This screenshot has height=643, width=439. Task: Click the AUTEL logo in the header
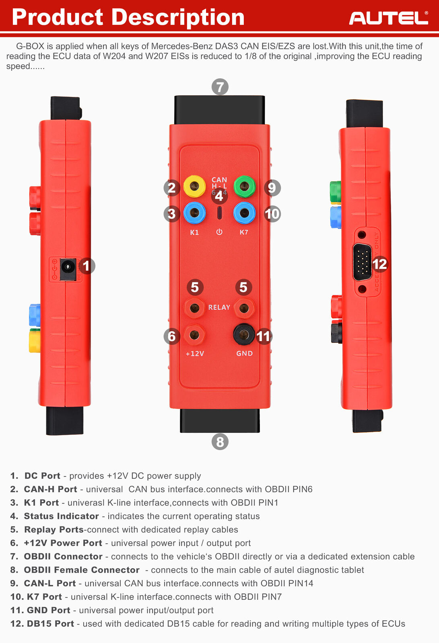click(x=388, y=18)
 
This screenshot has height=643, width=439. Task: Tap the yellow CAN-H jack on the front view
click(x=194, y=186)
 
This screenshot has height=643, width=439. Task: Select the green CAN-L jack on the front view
click(x=244, y=186)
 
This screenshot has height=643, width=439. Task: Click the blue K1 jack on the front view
click(x=194, y=213)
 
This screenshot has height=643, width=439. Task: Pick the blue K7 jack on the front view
click(x=244, y=213)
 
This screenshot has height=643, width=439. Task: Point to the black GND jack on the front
click(x=244, y=334)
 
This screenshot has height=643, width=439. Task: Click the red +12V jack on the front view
click(x=194, y=334)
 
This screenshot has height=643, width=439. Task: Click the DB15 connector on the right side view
click(x=362, y=262)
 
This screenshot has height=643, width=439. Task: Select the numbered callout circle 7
click(x=220, y=87)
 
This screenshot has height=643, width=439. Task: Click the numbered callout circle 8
click(x=220, y=442)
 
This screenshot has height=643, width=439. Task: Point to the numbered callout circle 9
click(x=272, y=188)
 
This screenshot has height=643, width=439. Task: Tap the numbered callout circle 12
click(x=379, y=264)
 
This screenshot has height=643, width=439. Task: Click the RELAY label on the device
click(x=219, y=307)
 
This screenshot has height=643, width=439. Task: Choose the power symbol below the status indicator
click(x=219, y=232)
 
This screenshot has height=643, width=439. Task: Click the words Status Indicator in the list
click(x=61, y=516)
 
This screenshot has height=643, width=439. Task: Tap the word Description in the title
click(x=178, y=17)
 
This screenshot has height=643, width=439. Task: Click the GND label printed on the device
click(x=244, y=353)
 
